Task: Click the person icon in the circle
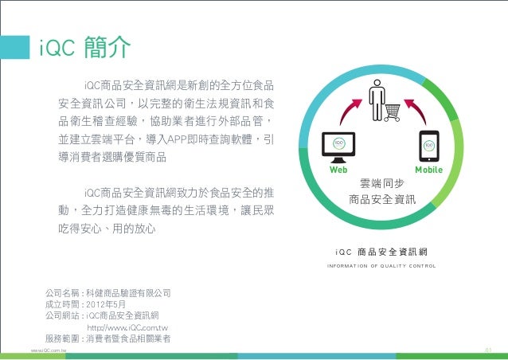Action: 374,94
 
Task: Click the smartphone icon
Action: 428,146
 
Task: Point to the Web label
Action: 339,170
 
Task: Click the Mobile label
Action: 428,170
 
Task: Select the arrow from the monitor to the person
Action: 349,112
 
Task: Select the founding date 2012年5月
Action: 111,303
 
